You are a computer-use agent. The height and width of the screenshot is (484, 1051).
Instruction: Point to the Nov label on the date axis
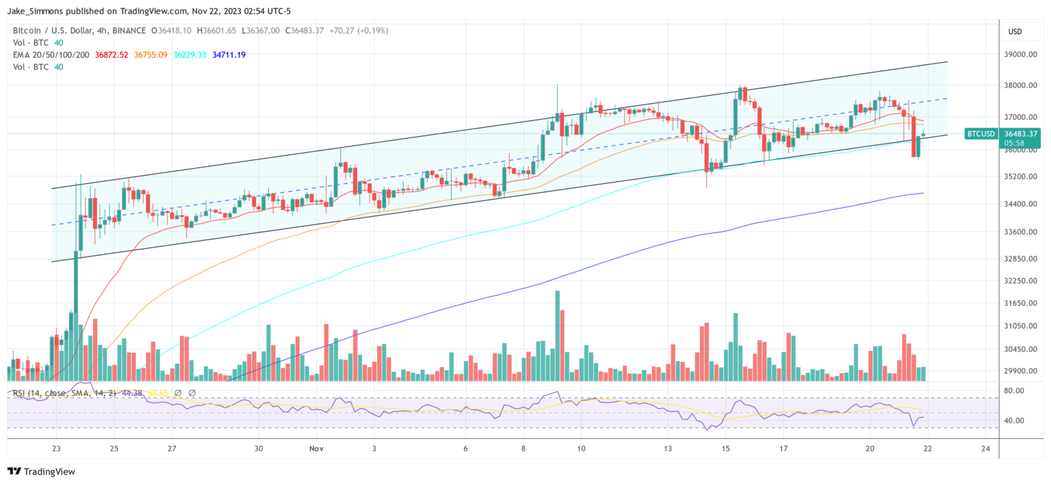point(315,448)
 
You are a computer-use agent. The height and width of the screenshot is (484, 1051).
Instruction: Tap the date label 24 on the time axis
point(985,448)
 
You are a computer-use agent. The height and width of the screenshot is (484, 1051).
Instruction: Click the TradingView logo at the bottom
point(41,472)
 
